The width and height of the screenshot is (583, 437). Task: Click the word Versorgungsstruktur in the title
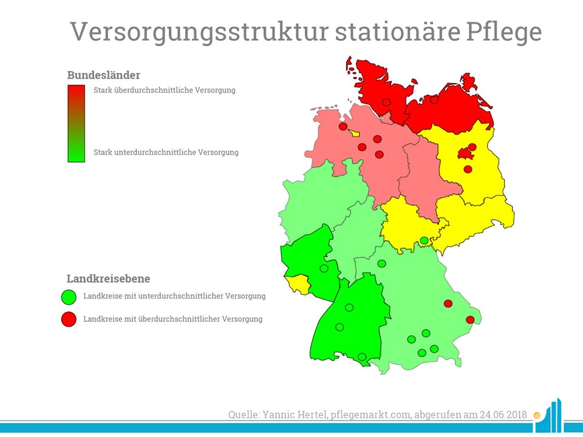tap(200, 33)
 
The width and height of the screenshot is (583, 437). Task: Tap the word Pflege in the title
tap(503, 33)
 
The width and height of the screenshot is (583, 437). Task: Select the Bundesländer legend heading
tap(104, 75)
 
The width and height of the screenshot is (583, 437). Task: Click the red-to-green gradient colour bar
tap(77, 123)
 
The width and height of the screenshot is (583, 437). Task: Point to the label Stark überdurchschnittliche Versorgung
tap(165, 90)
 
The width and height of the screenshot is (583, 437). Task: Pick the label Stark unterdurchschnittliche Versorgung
tap(166, 152)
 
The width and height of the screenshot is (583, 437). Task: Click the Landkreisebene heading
tap(109, 279)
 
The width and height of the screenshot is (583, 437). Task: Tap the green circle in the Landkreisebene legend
tap(69, 297)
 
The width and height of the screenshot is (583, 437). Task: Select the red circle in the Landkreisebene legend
tap(69, 319)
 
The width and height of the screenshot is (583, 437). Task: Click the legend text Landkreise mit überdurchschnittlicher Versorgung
tap(173, 319)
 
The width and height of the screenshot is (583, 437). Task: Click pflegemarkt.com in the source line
tap(370, 415)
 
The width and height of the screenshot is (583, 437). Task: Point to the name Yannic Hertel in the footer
tap(295, 415)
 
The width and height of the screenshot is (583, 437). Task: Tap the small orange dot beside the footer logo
tap(536, 415)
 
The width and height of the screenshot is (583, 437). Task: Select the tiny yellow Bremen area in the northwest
tap(353, 132)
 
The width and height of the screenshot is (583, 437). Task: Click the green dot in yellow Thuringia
tap(424, 240)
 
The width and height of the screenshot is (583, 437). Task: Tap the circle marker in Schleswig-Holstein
tap(387, 102)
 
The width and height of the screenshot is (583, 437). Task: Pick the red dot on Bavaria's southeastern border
tap(470, 320)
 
